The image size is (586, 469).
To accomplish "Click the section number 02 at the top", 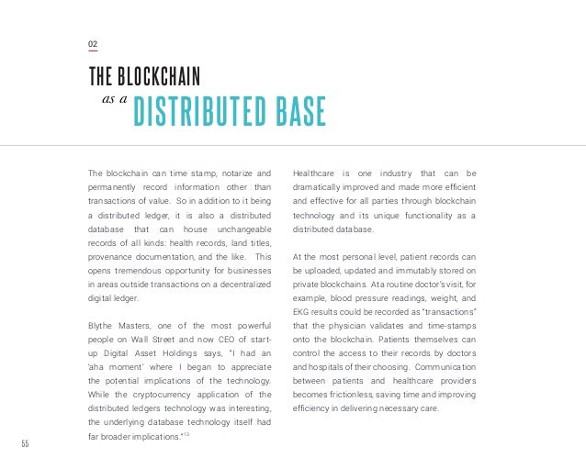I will [93, 44].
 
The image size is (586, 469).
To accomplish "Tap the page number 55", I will [26, 444].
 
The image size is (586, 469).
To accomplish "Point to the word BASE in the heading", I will [299, 111].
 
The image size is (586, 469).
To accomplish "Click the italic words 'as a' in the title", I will [111, 105].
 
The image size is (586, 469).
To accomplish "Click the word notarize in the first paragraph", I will [235, 173].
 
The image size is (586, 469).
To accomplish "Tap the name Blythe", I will [104, 326].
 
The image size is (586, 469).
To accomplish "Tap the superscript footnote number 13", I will [186, 434].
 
